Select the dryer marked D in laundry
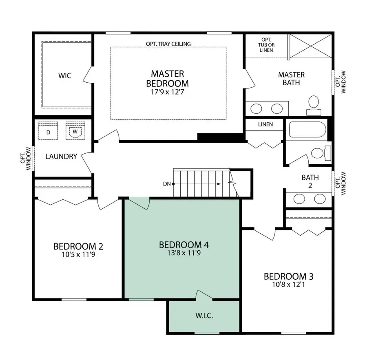48,132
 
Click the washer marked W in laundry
75,132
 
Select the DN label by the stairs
166,184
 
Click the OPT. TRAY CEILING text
168,44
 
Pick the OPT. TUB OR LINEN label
265,45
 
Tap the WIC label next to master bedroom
64,76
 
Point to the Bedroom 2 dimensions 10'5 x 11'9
78,255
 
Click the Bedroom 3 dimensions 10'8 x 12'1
288,285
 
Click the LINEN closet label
265,124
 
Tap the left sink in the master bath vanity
256,108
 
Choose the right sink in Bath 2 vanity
320,199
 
